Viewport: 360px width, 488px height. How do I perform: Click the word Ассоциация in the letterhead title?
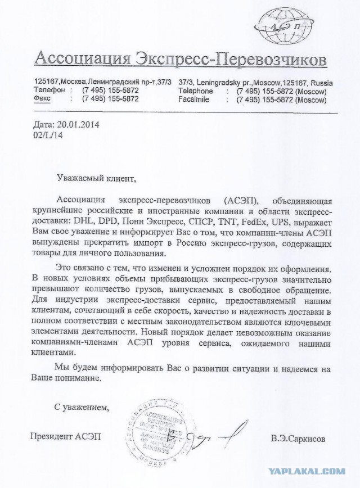(81, 57)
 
